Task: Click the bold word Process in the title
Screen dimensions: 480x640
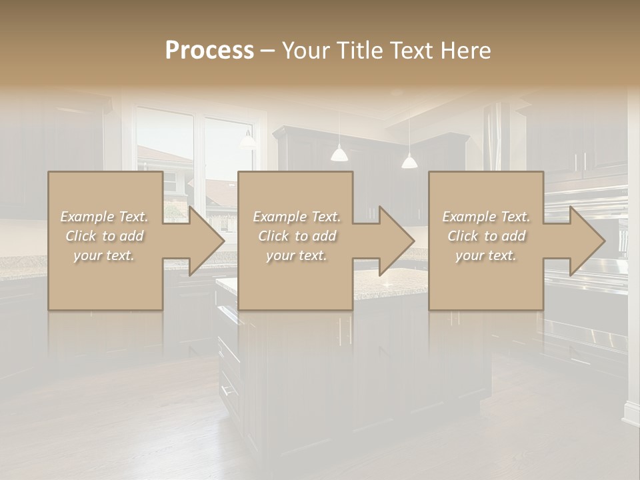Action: point(209,50)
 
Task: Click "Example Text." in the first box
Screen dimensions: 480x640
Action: point(105,216)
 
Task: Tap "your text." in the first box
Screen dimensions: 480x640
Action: point(105,255)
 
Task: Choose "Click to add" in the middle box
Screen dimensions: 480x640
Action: point(297,235)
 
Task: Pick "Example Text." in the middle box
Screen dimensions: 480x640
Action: point(297,216)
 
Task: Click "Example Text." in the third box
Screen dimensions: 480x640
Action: point(486,216)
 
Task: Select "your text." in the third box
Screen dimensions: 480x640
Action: point(486,255)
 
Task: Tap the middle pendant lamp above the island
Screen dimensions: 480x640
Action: point(339,154)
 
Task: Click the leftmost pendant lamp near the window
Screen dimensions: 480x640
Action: point(248,140)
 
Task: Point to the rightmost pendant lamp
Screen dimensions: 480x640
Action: point(409,161)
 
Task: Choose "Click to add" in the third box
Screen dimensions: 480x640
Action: point(486,235)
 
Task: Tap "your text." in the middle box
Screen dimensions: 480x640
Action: point(297,255)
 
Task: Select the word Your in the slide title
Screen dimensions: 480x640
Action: point(303,50)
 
